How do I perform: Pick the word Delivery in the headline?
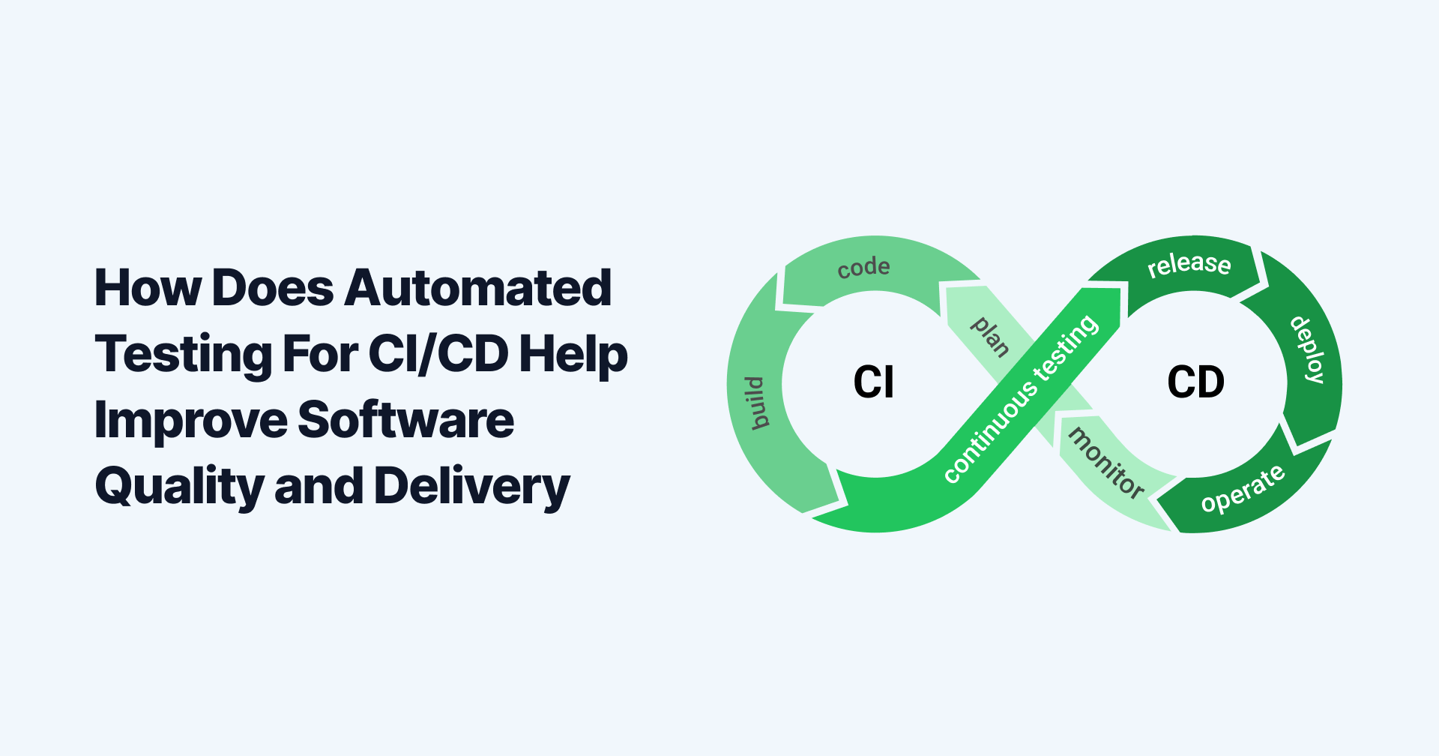[471, 487]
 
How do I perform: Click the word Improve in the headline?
[190, 421]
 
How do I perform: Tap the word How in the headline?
[148, 289]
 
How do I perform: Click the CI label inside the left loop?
[873, 382]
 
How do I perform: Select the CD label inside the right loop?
[1195, 382]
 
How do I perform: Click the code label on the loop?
[863, 268]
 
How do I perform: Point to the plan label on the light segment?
[990, 337]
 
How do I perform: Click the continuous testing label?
[1021, 399]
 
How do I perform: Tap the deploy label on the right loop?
[1307, 349]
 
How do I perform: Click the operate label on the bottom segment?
[1243, 489]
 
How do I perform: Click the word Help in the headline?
[573, 354]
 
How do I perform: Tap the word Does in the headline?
[273, 289]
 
